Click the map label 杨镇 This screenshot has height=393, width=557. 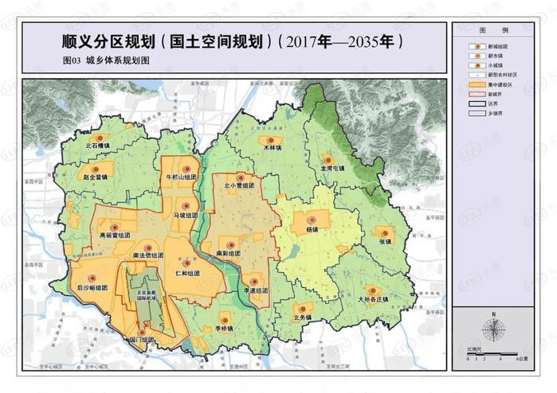point(312,230)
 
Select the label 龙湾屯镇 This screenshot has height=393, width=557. point(331,169)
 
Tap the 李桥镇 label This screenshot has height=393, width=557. point(224,328)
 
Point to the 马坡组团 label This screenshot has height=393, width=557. point(183,215)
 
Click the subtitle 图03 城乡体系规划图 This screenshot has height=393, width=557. point(106,60)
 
